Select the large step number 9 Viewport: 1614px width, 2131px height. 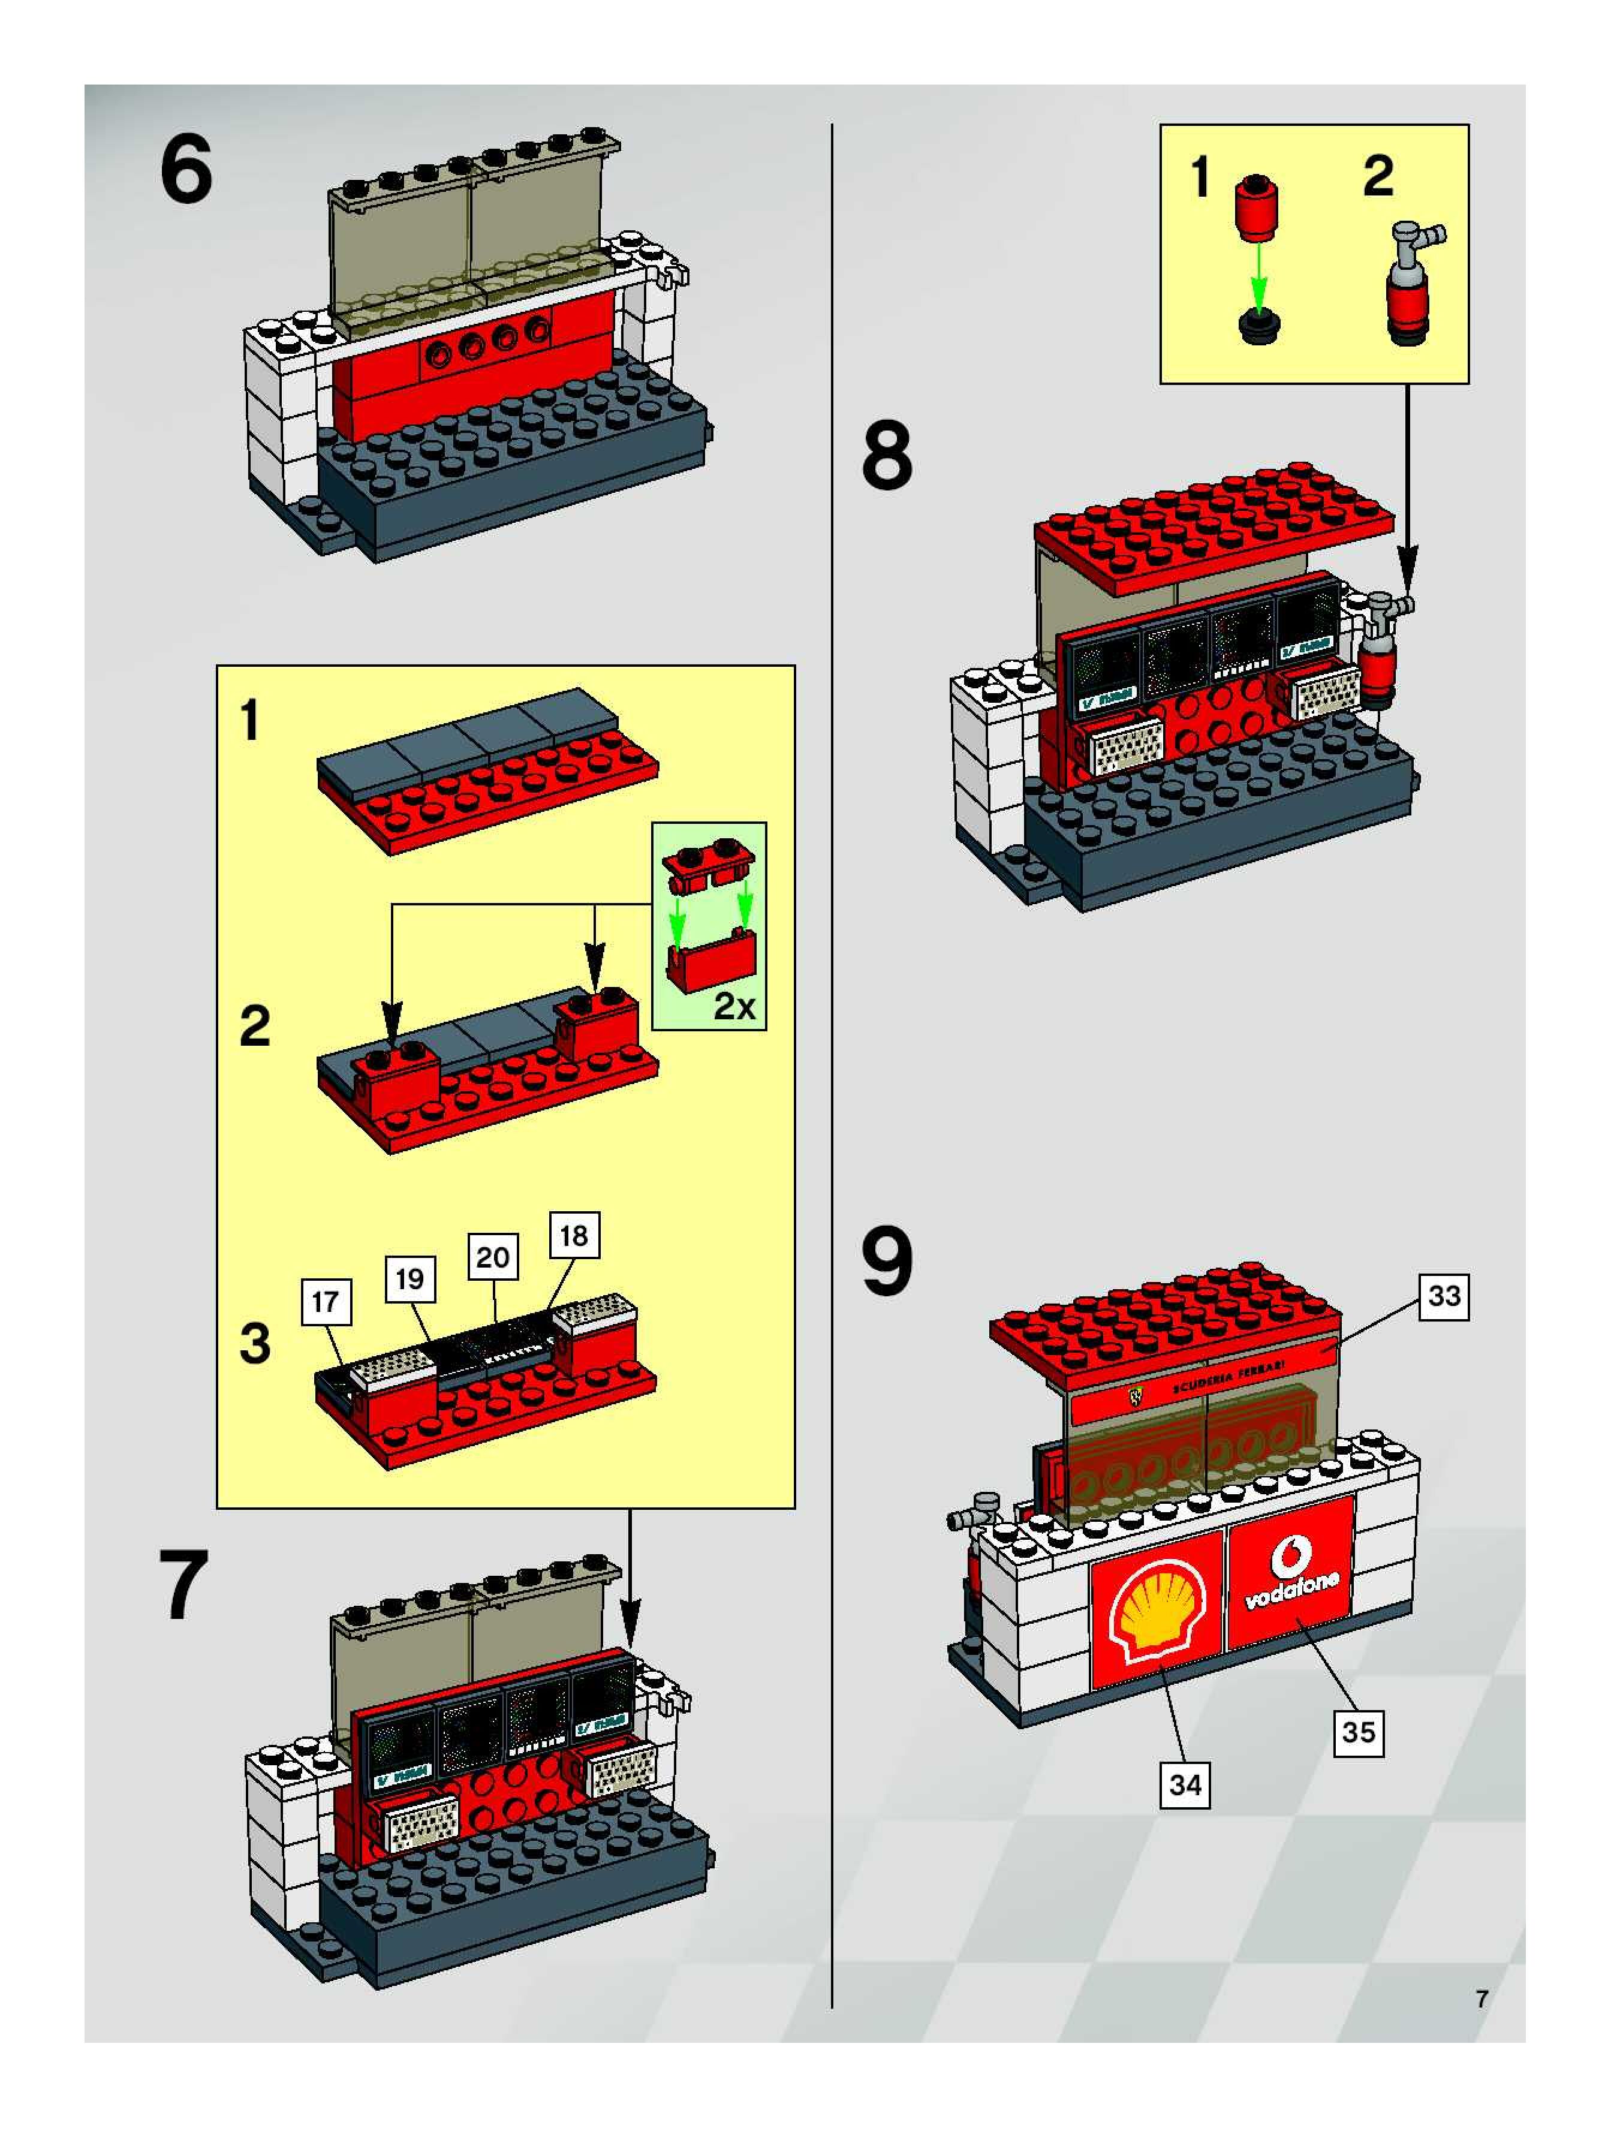click(887, 1263)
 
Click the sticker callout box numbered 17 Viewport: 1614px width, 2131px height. click(326, 1302)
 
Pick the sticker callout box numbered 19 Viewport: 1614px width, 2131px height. click(409, 1280)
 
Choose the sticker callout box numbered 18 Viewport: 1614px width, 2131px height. click(574, 1236)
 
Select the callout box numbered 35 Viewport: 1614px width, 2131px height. click(1359, 1732)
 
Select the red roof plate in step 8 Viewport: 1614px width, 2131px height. click(1214, 532)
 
